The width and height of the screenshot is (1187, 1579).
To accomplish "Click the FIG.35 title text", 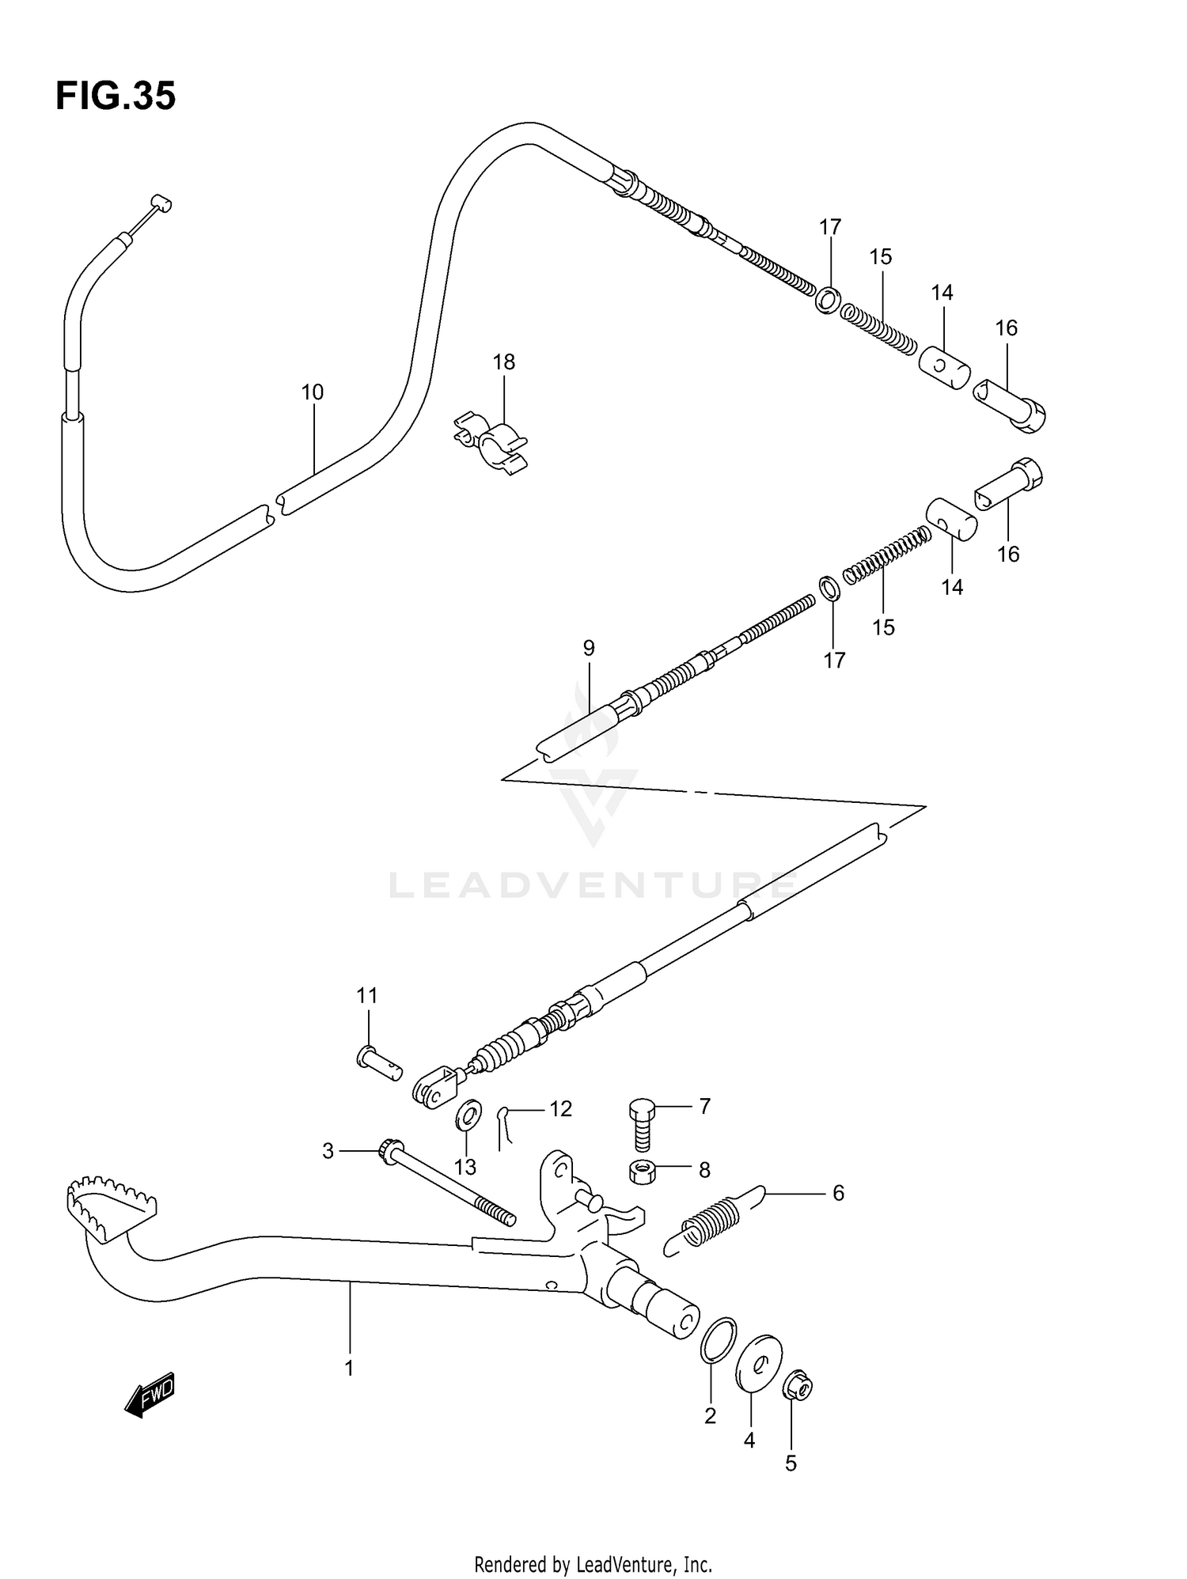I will coord(116,97).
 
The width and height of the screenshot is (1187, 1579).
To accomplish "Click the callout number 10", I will coord(313,392).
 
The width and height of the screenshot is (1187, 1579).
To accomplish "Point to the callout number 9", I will coord(588,649).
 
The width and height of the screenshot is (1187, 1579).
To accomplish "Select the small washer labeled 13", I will coord(468,1116).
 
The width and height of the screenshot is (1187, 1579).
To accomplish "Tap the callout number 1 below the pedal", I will coord(349,1368).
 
